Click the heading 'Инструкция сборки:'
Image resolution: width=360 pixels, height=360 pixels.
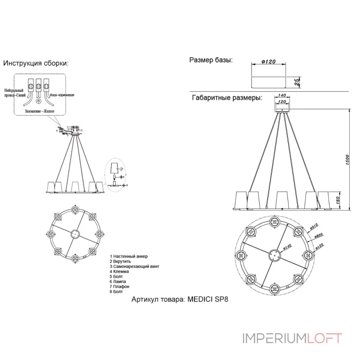click(x=36, y=63)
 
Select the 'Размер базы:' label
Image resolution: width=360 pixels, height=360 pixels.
click(x=211, y=60)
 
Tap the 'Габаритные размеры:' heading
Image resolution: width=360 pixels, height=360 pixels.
click(x=227, y=98)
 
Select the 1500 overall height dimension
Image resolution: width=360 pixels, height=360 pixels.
click(x=347, y=160)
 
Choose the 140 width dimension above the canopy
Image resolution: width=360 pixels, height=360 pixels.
click(x=282, y=95)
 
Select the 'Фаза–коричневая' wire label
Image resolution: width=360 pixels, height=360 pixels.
click(x=62, y=95)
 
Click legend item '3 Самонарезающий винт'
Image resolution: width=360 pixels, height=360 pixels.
click(x=134, y=266)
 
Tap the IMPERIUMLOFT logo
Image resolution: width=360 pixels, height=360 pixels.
click(x=292, y=338)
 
